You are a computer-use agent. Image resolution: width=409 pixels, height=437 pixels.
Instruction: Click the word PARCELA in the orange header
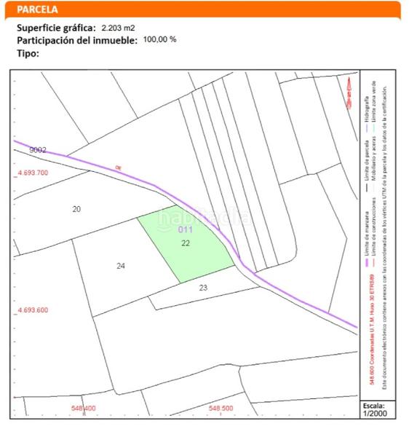38,10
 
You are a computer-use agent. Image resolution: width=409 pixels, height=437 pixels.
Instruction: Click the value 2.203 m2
119,28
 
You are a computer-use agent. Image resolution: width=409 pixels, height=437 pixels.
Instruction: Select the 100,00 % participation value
160,40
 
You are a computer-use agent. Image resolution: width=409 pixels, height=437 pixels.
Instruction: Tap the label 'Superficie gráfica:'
56,28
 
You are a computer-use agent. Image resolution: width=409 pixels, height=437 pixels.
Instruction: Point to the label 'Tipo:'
28,53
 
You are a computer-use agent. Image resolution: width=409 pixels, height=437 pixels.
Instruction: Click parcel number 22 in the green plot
186,243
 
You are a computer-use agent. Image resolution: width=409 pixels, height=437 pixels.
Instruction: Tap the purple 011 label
185,230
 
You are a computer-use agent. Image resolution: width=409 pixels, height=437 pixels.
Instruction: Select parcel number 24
121,266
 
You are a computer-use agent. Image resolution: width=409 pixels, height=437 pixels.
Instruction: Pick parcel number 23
203,288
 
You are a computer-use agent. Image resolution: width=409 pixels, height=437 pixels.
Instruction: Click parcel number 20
76,209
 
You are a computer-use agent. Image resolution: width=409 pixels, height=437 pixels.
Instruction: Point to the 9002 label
38,149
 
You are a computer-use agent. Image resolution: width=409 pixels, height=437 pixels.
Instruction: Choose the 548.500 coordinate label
221,409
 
